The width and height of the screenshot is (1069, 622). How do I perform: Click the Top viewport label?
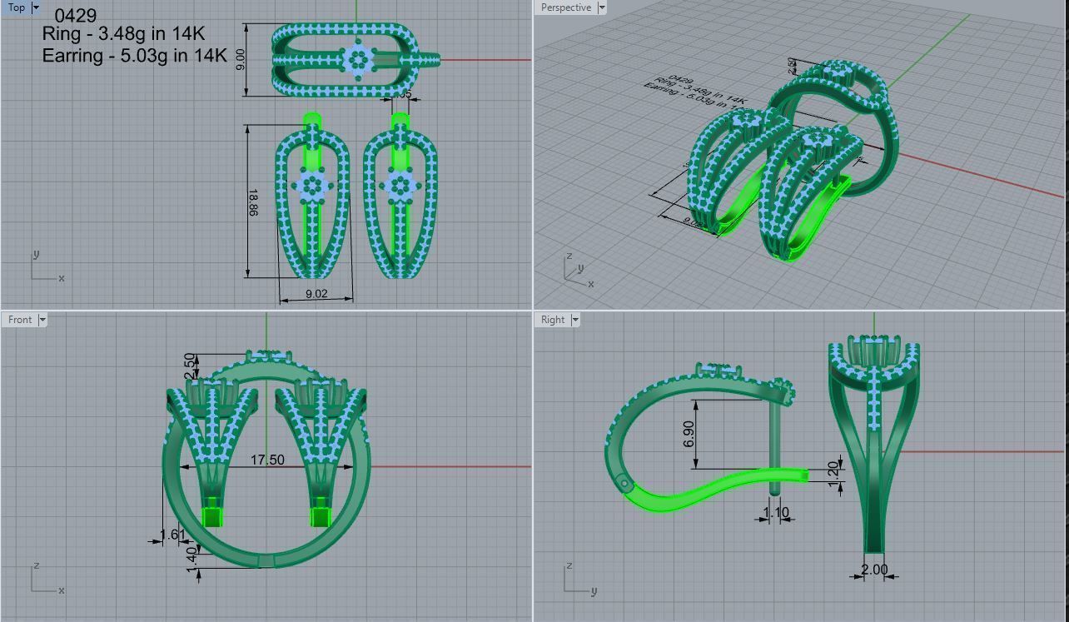point(16,7)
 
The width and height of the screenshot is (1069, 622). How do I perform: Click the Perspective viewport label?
point(565,7)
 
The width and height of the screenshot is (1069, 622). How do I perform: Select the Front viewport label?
point(20,320)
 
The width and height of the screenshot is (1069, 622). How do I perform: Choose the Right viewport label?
point(553,320)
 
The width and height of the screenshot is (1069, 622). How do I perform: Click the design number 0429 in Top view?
point(75,16)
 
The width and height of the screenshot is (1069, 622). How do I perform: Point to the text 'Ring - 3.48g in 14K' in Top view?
point(123,34)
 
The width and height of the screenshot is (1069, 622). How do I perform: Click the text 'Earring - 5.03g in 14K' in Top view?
point(134,56)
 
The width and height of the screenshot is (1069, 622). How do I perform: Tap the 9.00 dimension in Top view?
point(241,60)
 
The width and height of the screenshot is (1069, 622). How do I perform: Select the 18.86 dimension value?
point(252,202)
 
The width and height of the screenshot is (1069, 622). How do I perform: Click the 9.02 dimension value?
point(316,294)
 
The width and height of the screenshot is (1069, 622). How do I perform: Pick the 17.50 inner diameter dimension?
point(267,460)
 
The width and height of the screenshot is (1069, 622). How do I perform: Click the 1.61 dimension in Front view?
point(172,535)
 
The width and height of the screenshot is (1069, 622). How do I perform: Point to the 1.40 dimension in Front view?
point(191,555)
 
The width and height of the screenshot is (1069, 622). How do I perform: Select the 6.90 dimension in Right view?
point(688,433)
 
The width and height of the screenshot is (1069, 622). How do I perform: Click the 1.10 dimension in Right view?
point(775,513)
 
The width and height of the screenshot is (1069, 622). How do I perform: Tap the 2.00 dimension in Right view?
point(874,570)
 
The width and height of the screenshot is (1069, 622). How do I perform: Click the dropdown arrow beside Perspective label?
point(602,7)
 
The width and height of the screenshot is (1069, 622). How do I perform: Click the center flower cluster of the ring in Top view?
point(359,60)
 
